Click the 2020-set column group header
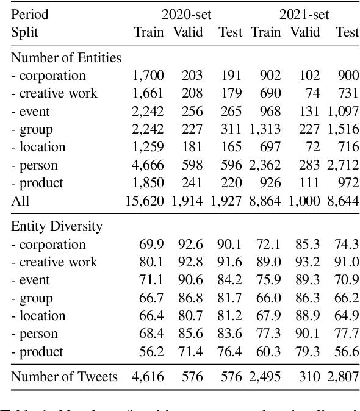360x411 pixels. (187, 14)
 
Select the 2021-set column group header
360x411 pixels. (304, 14)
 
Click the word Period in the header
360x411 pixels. (29, 14)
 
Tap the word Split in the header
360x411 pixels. (24, 32)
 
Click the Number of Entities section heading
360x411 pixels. (67, 58)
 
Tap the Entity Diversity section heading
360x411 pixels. (57, 226)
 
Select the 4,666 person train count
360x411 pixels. (148, 165)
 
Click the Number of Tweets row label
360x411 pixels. (65, 377)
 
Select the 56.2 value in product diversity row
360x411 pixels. (152, 351)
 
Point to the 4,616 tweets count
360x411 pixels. (148, 377)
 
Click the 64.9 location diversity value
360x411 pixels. (347, 316)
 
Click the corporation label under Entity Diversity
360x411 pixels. (48, 245)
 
